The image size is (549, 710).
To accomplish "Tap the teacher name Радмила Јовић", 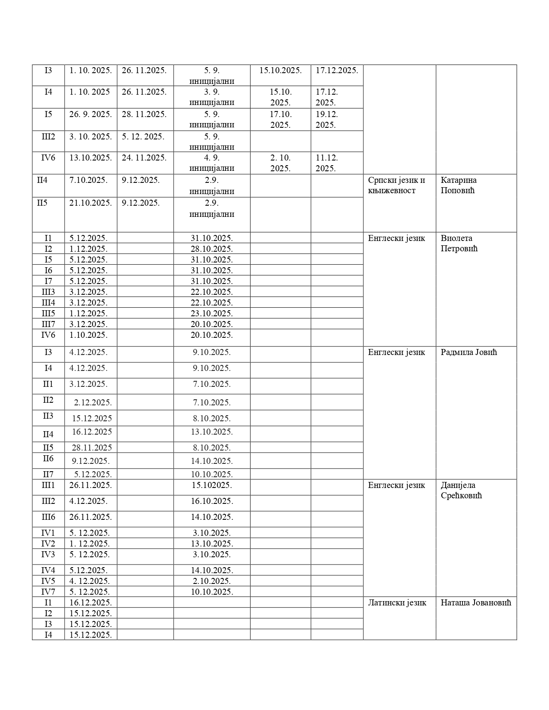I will tap(468, 352).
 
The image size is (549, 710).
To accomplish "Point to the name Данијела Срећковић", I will tap(461, 490).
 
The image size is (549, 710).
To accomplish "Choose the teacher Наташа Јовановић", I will tap(476, 602).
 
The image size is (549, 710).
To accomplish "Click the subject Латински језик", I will tap(397, 602).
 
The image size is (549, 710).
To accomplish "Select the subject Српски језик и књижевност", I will tap(396, 185).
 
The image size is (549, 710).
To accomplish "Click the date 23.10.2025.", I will tap(211, 313).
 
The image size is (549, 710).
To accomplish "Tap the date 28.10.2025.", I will tap(211, 249).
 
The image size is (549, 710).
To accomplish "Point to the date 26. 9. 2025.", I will tap(90, 114).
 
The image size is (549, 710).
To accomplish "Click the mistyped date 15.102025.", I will tap(211, 485).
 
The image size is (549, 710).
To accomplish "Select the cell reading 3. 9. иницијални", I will tap(211, 97).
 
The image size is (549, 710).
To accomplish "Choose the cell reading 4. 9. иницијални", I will tap(211, 163).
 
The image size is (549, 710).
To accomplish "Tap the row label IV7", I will tap(48, 592).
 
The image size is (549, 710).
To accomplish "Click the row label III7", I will tap(48, 324).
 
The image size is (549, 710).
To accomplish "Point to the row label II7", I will tap(48, 474).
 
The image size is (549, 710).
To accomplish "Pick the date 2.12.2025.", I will tap(93, 402).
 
